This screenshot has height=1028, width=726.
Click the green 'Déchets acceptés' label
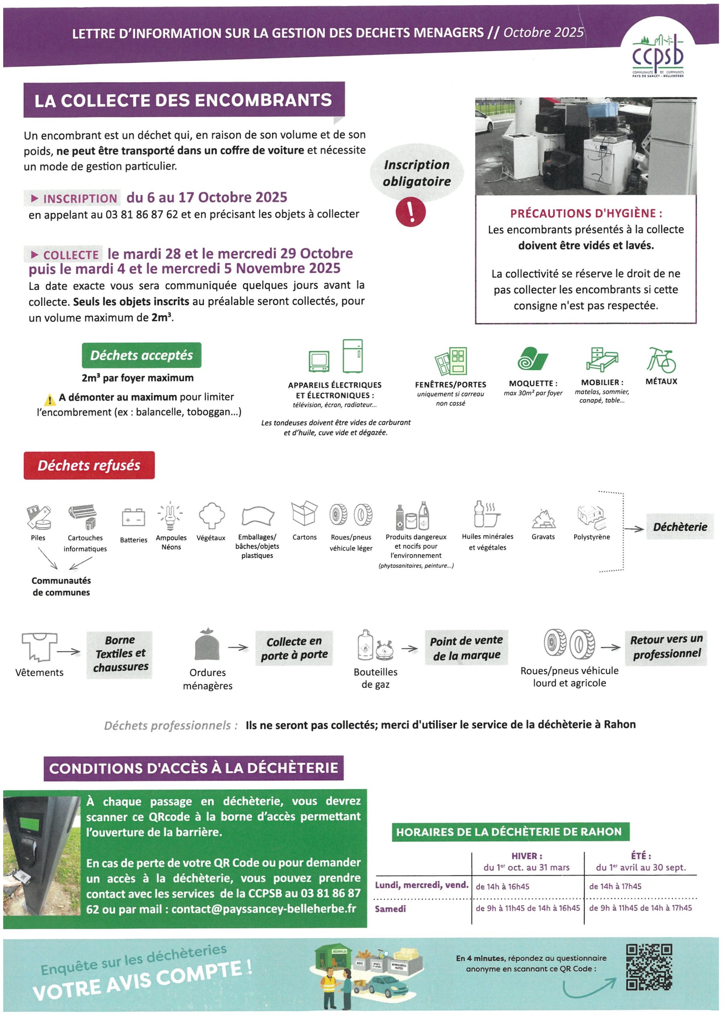click(141, 355)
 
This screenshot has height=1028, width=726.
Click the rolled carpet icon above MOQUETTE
click(532, 359)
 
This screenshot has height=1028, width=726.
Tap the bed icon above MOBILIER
click(602, 359)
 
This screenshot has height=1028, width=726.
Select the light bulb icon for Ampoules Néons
click(170, 515)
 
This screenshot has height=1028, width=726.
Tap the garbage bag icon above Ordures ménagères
click(207, 645)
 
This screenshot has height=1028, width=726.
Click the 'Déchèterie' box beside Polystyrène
click(679, 526)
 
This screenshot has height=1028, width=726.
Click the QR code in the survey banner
click(649, 967)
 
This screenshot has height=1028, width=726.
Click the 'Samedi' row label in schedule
click(390, 908)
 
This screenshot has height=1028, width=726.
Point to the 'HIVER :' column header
click(527, 856)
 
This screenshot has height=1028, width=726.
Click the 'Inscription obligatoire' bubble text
click(416, 173)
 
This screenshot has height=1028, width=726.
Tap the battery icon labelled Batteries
click(133, 517)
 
